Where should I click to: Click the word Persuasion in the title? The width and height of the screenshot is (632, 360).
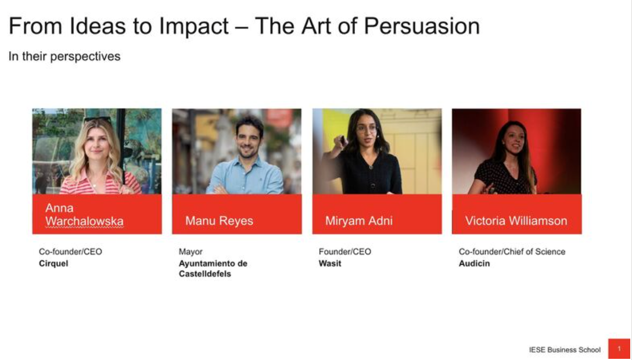tap(422, 26)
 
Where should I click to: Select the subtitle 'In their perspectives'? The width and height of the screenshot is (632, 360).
tap(64, 57)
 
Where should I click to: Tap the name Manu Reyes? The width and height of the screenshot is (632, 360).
tap(219, 221)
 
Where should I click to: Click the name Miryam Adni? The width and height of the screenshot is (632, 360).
tap(359, 221)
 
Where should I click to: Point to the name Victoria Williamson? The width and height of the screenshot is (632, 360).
tap(516, 221)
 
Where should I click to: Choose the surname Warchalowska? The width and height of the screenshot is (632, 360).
tap(84, 221)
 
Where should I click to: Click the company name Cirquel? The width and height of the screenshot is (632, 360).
tap(53, 264)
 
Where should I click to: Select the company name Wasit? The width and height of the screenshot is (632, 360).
tap(330, 264)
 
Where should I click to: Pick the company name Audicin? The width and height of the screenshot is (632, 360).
tap(475, 264)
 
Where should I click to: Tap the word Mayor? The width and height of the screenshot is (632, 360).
tap(191, 252)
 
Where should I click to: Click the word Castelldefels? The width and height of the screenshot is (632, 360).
tap(204, 274)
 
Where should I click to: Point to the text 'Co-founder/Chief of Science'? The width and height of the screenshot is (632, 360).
tap(512, 251)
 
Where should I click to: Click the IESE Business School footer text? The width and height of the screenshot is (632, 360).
tap(565, 350)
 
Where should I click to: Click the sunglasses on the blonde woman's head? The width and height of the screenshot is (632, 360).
tap(98, 120)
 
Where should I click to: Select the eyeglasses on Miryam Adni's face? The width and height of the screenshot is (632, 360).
tap(367, 129)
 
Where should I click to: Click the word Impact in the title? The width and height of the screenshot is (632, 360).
tap(194, 27)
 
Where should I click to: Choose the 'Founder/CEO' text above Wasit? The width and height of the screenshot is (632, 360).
tap(345, 251)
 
